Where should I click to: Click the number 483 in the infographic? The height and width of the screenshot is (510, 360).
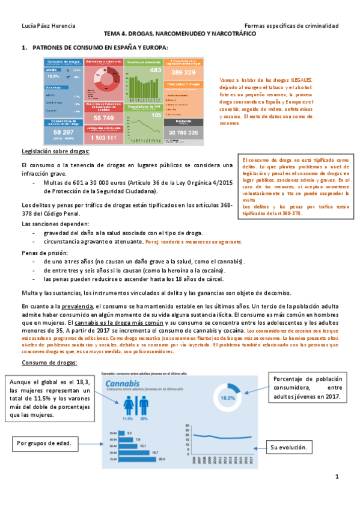pyautogui.click(x=156, y=70)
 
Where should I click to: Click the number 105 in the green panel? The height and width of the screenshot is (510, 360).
pyautogui.click(x=156, y=114)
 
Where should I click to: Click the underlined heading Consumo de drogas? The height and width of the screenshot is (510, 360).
pyautogui.click(x=47, y=363)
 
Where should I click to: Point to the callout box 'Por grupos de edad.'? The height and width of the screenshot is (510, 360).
pyautogui.click(x=44, y=444)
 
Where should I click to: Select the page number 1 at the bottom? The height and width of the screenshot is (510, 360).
pyautogui.click(x=337, y=477)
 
